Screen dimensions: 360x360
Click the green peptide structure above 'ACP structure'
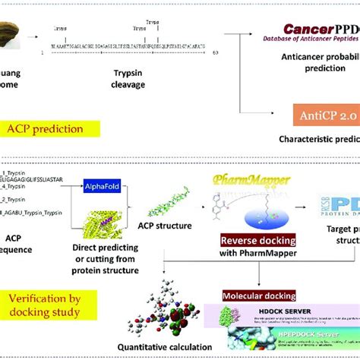(152, 191)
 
